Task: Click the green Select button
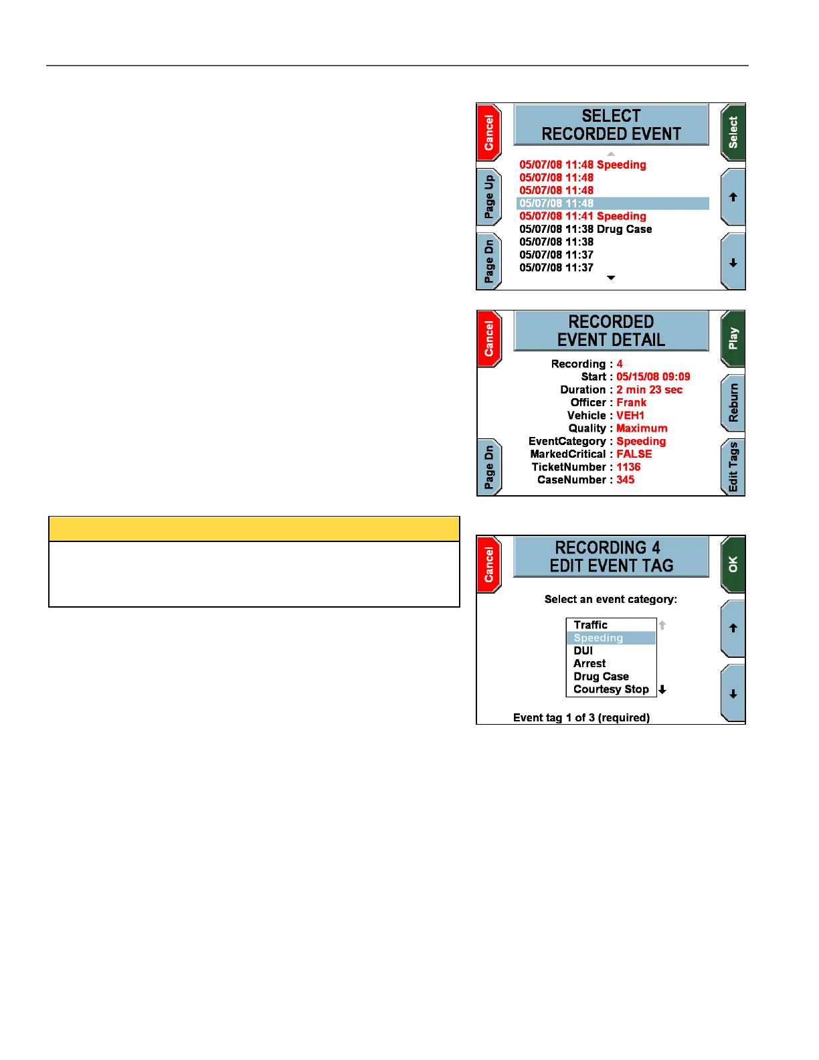tap(733, 132)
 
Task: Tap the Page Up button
tap(489, 197)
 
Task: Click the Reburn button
tap(733, 403)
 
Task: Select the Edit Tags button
tap(733, 467)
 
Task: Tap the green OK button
tap(733, 564)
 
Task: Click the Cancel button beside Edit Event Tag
tap(489, 564)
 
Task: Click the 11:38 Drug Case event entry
tap(585, 229)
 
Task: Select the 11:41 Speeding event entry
tap(583, 216)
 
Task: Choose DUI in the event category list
tap(583, 650)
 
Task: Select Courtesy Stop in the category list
tap(611, 689)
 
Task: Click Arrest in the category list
tap(589, 663)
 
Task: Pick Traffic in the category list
tap(590, 625)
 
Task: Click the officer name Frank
tap(631, 402)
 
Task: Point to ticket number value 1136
tap(628, 467)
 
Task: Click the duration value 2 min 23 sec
tap(649, 389)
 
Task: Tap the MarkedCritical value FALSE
tap(634, 454)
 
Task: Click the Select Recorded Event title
tap(611, 124)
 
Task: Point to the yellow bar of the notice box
tap(254, 529)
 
